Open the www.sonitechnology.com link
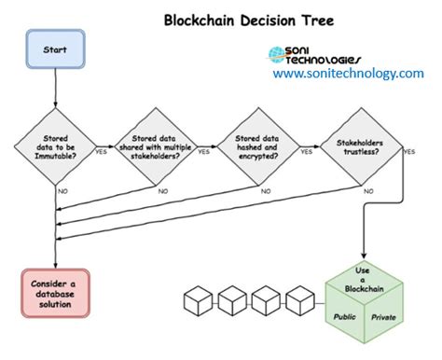(x=348, y=73)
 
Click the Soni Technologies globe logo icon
(x=277, y=55)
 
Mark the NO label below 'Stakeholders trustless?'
(x=369, y=191)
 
